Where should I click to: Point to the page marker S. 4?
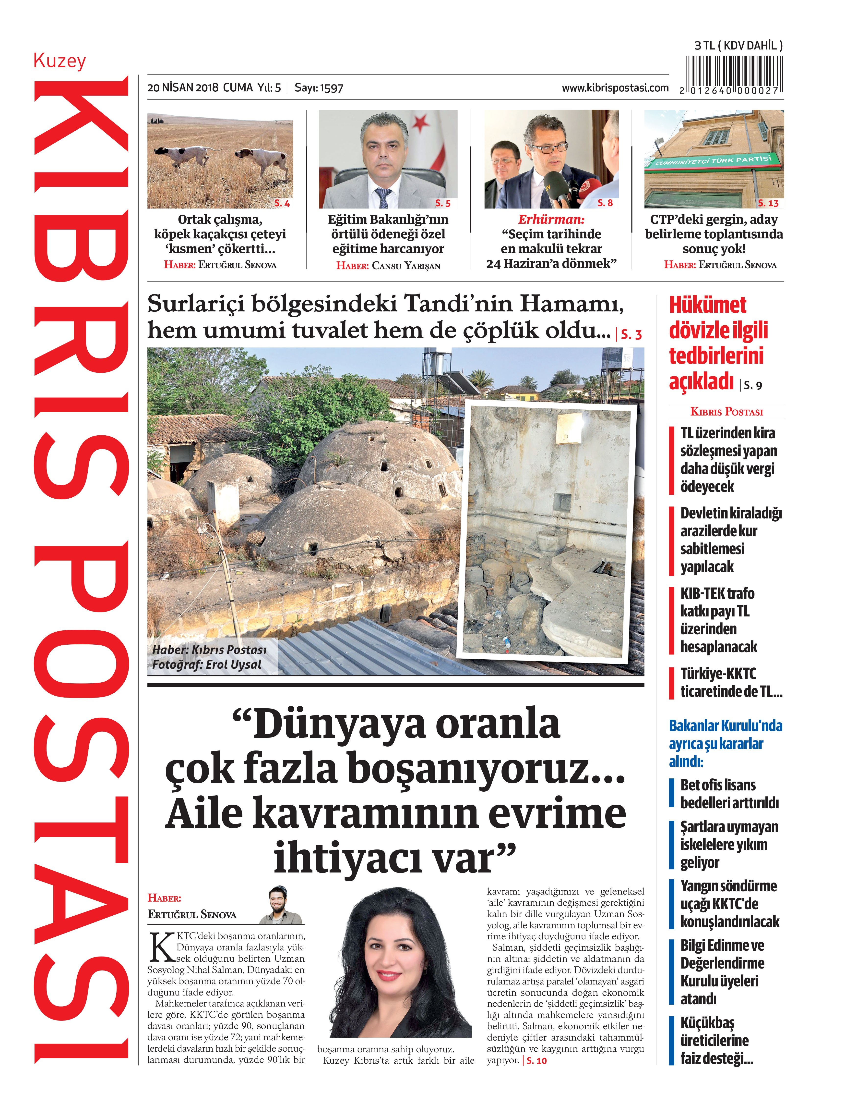(282, 203)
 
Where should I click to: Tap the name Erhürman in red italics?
(551, 220)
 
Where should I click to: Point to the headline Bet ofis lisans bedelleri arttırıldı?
(728, 794)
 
